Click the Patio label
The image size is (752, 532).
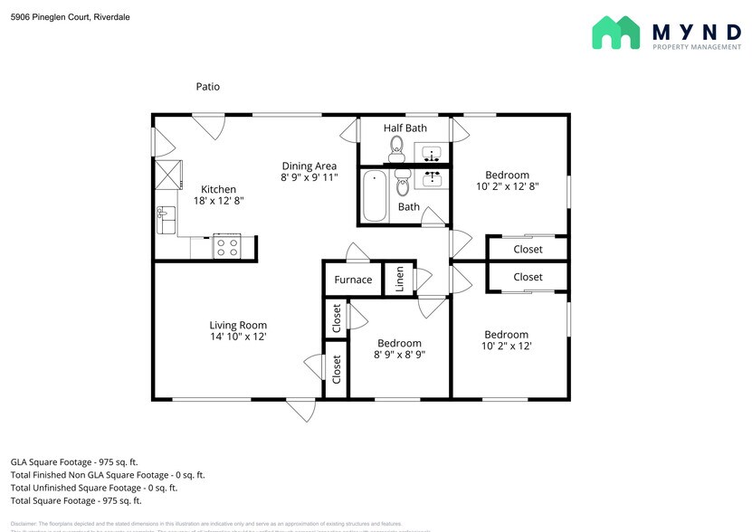[207, 87]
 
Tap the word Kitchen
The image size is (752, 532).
[218, 189]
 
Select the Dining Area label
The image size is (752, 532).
[309, 166]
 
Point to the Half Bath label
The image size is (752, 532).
[405, 128]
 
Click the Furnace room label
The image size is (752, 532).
[353, 280]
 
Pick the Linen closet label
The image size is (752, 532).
[399, 280]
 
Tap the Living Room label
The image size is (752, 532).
[238, 326]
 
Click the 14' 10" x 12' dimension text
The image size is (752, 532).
[238, 337]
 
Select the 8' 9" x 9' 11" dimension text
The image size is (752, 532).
[309, 177]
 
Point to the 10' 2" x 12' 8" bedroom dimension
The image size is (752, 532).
[507, 186]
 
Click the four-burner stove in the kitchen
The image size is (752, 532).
[226, 246]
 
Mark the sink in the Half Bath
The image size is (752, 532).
[431, 152]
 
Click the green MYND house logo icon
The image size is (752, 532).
[616, 33]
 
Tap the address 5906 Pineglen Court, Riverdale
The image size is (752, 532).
[70, 16]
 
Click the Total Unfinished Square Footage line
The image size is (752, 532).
[94, 488]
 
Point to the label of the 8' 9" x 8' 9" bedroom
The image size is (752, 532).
[399, 343]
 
